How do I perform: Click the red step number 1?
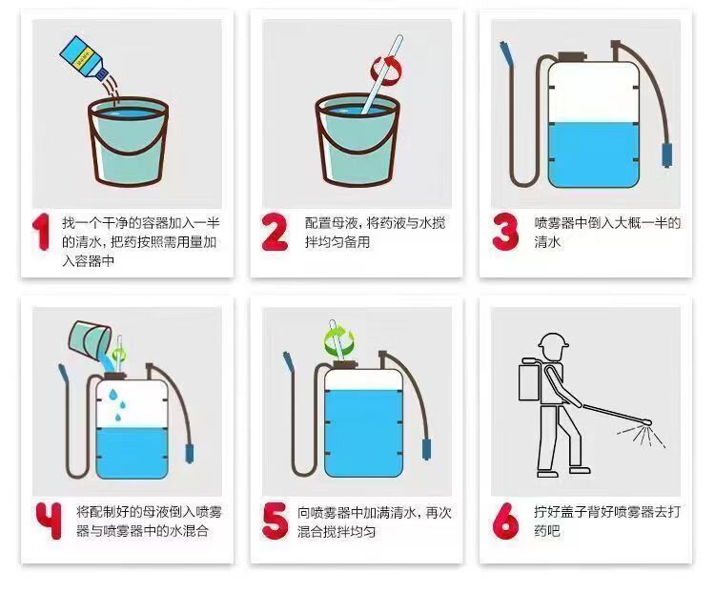42,232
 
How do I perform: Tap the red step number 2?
275,232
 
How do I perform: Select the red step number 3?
505,232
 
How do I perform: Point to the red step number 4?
50,521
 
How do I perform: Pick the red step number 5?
275,521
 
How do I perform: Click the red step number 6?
505,521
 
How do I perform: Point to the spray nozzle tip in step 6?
647,423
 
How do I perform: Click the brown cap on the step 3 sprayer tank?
572,56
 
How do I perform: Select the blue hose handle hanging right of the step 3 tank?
667,155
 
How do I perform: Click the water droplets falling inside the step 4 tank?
117,404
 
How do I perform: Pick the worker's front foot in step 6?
580,469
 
